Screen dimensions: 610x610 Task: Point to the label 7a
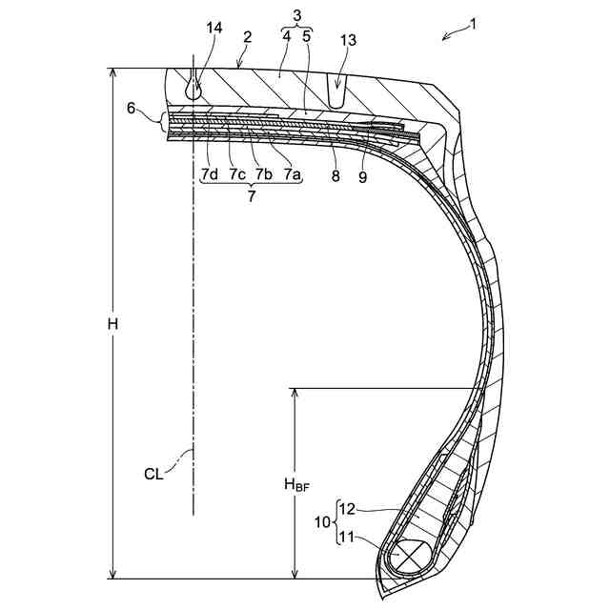(x=292, y=173)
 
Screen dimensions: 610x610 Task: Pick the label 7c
(x=237, y=173)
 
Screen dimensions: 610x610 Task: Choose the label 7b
(x=264, y=173)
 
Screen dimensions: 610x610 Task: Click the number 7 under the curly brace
(x=252, y=196)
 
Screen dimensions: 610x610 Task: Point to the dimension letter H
(x=112, y=324)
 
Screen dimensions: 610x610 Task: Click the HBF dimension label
(x=296, y=485)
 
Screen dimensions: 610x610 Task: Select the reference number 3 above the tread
(x=296, y=16)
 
